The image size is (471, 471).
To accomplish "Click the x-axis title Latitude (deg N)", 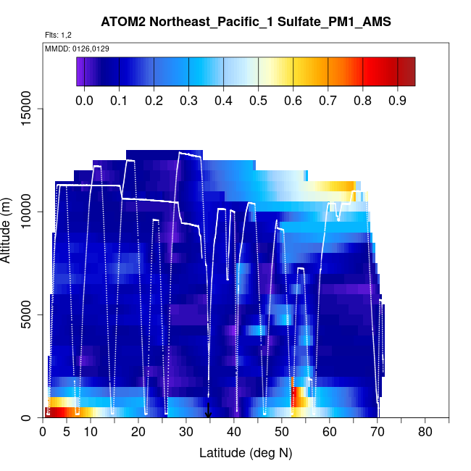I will [246, 454].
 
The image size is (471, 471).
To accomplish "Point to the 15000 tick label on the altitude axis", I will [26, 109].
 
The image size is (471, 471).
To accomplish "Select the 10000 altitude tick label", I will [26, 212].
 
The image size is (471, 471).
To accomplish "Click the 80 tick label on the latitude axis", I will [425, 433].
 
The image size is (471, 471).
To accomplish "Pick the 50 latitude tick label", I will [282, 433].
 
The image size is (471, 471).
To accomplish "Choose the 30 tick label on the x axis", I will [186, 433].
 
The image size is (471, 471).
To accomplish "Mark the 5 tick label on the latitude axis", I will [67, 433].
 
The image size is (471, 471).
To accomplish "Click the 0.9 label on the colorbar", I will [397, 100].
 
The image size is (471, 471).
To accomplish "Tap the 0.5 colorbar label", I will [258, 100].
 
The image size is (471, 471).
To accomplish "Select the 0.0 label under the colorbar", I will [84, 100].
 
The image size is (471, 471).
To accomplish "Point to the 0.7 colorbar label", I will [328, 100].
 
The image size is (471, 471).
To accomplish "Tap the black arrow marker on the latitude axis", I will [209, 412].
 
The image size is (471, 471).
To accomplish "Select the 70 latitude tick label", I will [378, 433].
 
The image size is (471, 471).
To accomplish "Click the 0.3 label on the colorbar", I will [188, 100].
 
